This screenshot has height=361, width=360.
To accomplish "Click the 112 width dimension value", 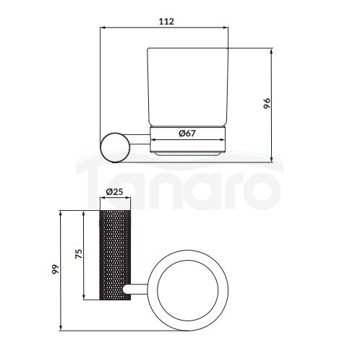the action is pos(166,22).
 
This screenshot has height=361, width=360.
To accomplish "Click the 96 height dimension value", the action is pos(267,103).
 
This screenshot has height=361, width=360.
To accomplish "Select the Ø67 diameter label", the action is pos(187,133).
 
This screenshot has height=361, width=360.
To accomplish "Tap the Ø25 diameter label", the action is pos(115,192).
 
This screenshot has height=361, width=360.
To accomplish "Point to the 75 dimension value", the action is pos(79,254).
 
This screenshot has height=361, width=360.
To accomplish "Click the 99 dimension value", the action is pos(56,269).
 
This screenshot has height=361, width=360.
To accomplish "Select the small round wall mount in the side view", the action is pos(115,147).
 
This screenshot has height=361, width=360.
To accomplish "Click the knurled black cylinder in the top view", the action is pos(115,255).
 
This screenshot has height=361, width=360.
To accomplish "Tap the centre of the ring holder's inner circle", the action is pos(188,290).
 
